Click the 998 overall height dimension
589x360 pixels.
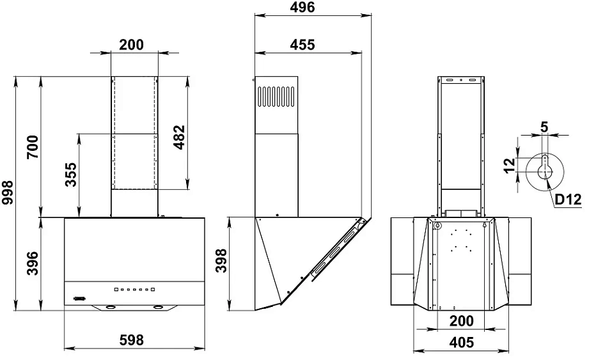pyautogui.click(x=8, y=192)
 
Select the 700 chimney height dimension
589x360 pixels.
pyautogui.click(x=33, y=147)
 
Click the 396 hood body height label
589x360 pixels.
pyautogui.click(x=33, y=263)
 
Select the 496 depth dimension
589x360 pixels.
pyautogui.click(x=302, y=8)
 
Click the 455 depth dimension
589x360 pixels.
pyautogui.click(x=302, y=45)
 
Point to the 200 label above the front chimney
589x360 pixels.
pyautogui.click(x=131, y=45)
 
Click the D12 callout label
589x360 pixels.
pyautogui.click(x=567, y=200)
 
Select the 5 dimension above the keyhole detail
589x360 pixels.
pyautogui.click(x=544, y=126)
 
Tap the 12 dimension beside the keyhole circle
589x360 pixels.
pyautogui.click(x=509, y=166)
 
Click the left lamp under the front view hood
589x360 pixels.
pyautogui.click(x=111, y=308)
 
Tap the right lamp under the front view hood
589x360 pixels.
pyautogui.click(x=157, y=308)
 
